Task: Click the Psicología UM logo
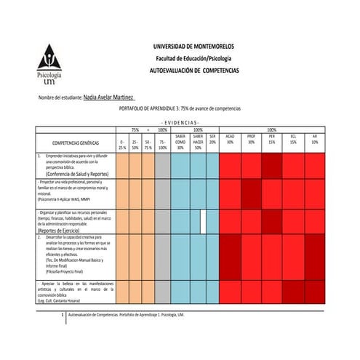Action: pos(49,65)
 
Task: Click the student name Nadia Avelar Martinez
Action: pos(109,95)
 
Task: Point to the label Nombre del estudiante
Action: pos(61,96)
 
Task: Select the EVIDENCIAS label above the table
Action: pos(180,122)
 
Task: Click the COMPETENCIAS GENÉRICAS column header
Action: pos(71,143)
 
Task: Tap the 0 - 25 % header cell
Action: pos(123,143)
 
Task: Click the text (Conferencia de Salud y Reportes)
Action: pos(74,175)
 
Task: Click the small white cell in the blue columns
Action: pos(203,220)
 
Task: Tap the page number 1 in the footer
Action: pos(65,315)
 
